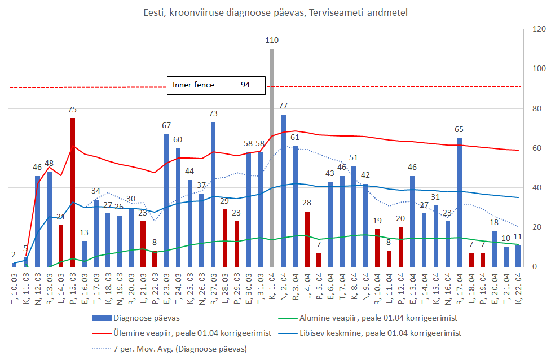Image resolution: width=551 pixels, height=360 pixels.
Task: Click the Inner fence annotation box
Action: (216, 85)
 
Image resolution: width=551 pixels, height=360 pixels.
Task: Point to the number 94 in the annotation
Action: (245, 85)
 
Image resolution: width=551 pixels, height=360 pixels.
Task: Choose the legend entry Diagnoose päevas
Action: (142, 318)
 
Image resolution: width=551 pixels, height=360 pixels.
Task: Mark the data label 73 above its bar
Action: (213, 114)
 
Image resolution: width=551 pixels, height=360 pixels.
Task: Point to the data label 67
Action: (166, 126)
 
